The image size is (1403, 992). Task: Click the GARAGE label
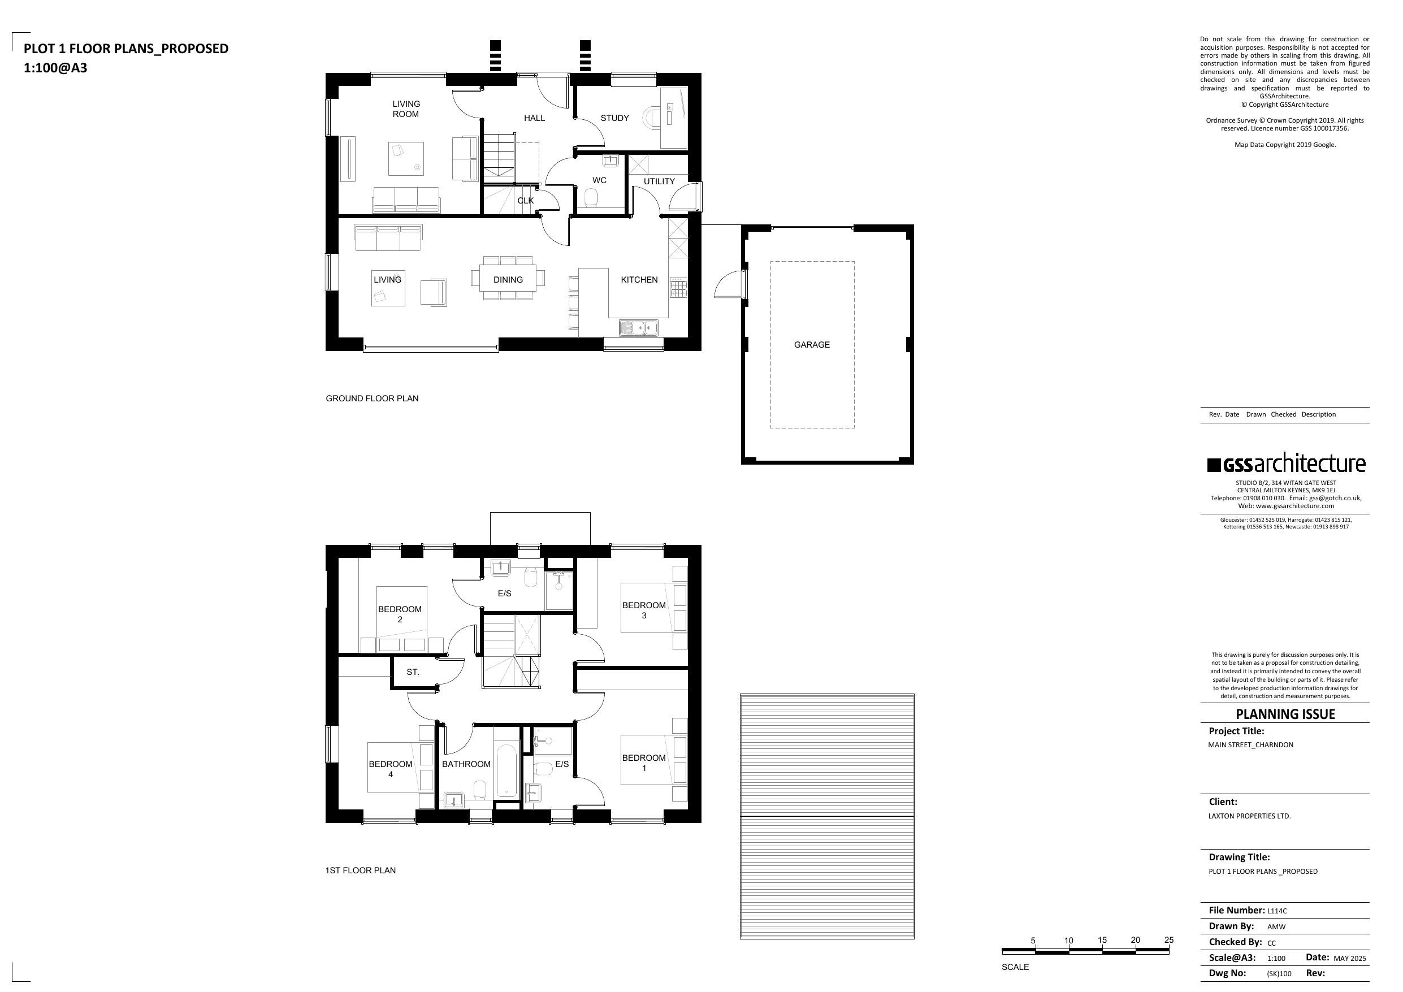click(x=812, y=345)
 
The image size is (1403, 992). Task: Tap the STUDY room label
click(x=614, y=118)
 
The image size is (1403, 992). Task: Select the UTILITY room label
click(x=659, y=181)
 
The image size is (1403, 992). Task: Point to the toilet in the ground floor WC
click(x=591, y=198)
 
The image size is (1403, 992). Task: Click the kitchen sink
click(x=639, y=328)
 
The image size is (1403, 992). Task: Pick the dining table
click(x=508, y=279)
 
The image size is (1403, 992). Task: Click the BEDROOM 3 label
click(x=644, y=610)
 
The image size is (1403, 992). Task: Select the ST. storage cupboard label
click(x=413, y=672)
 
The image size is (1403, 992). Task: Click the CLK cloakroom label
click(x=526, y=201)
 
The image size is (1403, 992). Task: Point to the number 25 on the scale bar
click(x=1169, y=940)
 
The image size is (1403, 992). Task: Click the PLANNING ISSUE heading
click(x=1285, y=714)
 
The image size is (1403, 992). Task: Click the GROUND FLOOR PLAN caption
click(x=372, y=398)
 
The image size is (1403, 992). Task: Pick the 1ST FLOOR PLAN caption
click(x=361, y=870)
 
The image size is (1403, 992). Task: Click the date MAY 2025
click(x=1350, y=959)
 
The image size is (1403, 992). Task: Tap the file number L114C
click(x=1277, y=911)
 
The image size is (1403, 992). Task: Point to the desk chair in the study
click(x=653, y=118)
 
